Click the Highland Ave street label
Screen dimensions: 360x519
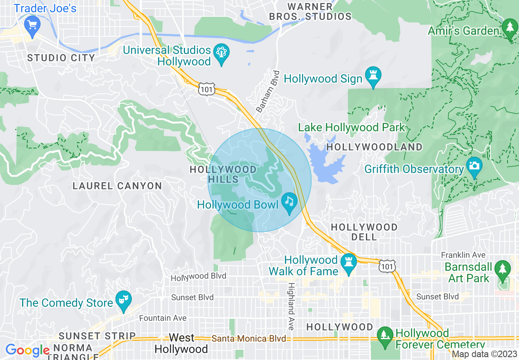291,306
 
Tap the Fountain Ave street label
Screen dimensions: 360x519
162,318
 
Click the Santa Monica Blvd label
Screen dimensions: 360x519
248,339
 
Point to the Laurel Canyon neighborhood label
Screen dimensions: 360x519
117,186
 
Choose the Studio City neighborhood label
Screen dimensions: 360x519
61,58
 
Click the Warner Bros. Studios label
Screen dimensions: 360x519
310,11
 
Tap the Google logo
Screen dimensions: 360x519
27,350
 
